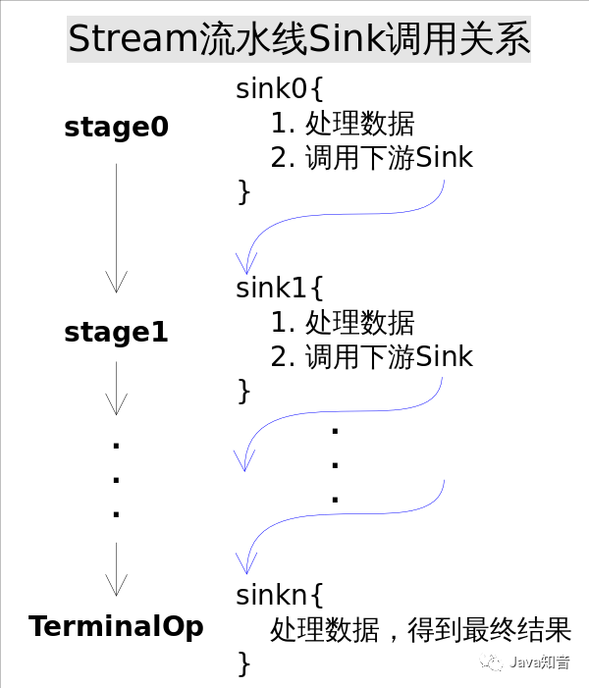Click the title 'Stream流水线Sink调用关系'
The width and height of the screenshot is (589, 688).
[298, 41]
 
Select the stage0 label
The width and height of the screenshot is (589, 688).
[116, 128]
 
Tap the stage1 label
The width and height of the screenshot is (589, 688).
[116, 333]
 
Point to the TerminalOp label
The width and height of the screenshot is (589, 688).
[116, 626]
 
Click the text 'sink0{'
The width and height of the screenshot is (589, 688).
[279, 89]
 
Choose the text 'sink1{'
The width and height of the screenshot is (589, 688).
[279, 290]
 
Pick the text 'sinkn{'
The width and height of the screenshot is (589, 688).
[279, 594]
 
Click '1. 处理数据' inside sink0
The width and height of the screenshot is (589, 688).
[342, 124]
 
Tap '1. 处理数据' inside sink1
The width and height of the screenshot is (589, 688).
[342, 323]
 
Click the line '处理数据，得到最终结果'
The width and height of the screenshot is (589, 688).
[420, 629]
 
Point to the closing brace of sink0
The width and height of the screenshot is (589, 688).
[244, 190]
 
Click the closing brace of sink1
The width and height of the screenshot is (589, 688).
[244, 390]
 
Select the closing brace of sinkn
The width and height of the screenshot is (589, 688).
[244, 662]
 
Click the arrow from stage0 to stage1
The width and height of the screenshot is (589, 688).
[117, 228]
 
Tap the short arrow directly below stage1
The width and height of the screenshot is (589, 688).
[117, 389]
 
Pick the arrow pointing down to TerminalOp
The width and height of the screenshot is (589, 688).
[117, 569]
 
